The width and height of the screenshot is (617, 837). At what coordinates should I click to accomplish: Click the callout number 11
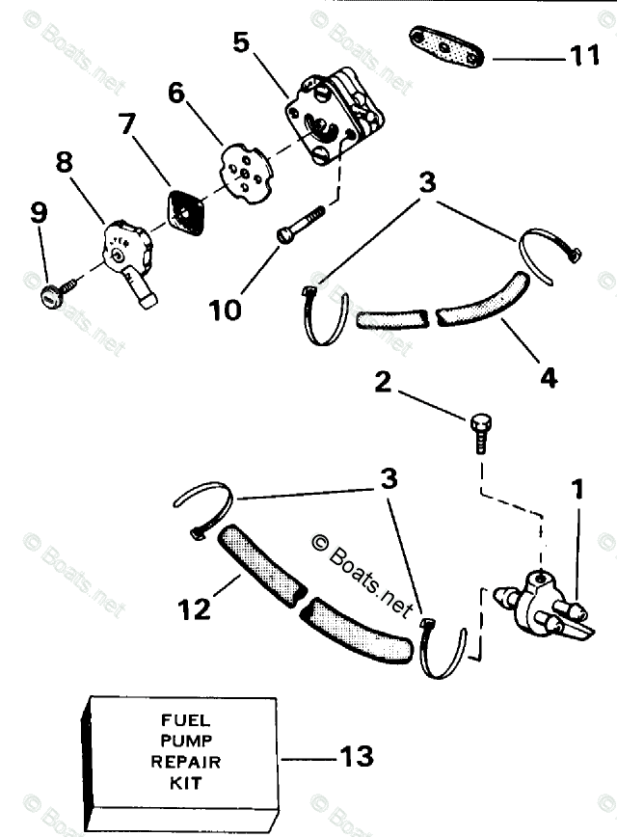click(x=584, y=57)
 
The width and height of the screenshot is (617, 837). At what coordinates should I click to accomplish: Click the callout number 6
click(x=176, y=93)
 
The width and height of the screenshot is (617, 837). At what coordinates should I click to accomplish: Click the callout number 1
click(x=577, y=489)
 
